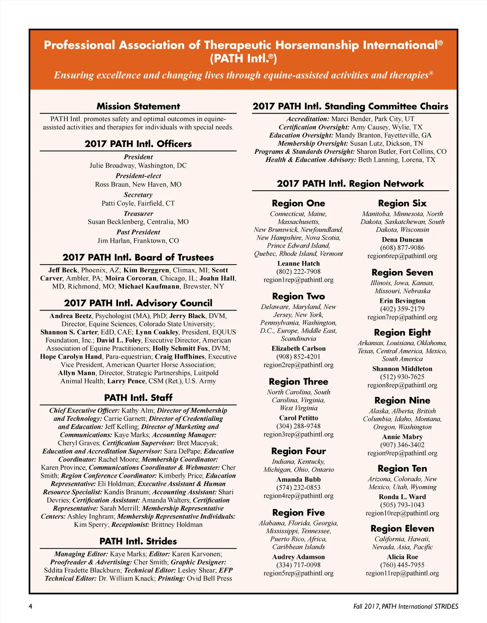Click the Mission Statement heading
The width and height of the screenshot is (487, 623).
point(138,106)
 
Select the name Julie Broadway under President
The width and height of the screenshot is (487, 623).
point(113,166)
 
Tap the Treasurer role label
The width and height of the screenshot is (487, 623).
point(138,213)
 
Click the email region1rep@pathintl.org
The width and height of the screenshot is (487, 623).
point(299,280)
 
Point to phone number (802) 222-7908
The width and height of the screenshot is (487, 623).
point(299,272)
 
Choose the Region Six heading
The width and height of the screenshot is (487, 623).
point(402,203)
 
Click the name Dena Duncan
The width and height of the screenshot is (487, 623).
point(402,240)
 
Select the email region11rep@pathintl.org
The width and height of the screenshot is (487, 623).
point(402,573)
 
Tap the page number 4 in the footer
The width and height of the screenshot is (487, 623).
point(30,606)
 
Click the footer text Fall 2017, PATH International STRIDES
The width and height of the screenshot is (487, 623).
point(406,606)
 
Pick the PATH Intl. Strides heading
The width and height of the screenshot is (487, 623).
point(138,541)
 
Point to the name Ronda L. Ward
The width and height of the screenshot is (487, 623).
point(402,497)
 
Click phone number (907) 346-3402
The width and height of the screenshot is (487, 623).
point(402,445)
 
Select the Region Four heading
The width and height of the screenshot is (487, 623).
point(299,451)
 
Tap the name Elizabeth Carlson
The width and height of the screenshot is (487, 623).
point(299,349)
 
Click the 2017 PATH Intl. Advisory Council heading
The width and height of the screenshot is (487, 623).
point(138,303)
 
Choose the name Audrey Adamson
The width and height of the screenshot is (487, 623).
point(299,557)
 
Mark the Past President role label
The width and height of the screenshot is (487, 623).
point(138,232)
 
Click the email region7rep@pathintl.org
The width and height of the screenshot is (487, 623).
point(402,317)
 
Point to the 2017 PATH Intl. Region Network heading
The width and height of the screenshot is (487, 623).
point(350,184)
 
